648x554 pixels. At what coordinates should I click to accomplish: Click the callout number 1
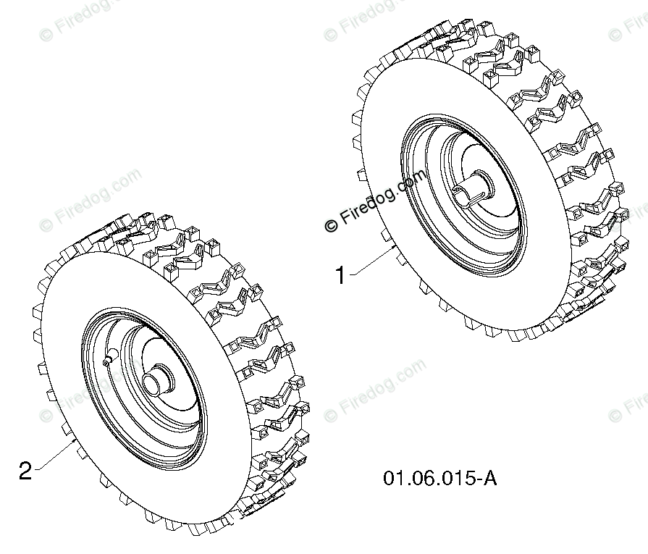pyautogui.click(x=340, y=275)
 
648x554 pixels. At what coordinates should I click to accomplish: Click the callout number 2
pyautogui.click(x=25, y=471)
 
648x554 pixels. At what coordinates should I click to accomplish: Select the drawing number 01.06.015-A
pyautogui.click(x=439, y=478)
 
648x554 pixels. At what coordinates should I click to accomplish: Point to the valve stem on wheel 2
pyautogui.click(x=109, y=357)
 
